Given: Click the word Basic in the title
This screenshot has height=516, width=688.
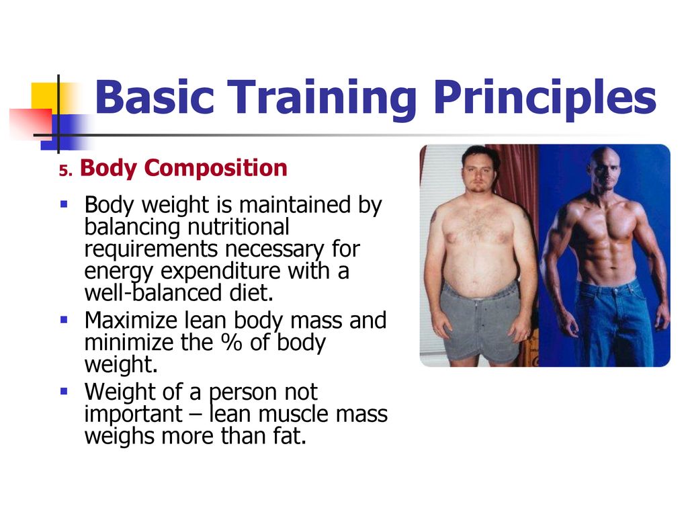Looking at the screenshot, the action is [x=155, y=97].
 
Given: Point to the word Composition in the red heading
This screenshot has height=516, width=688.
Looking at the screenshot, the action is [x=216, y=169].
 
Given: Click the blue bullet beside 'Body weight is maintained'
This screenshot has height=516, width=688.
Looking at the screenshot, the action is [x=64, y=204].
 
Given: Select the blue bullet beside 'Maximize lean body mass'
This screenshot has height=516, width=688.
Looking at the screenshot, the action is [x=64, y=319].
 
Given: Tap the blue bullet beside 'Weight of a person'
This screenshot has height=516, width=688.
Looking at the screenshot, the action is [x=64, y=390].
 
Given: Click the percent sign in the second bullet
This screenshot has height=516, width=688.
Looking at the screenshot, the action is [x=232, y=343].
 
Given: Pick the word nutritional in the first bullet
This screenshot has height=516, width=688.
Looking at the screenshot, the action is [x=239, y=227].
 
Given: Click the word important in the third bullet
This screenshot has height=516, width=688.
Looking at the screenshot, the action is [x=133, y=415].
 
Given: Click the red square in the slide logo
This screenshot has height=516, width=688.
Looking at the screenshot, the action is [x=31, y=124].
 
